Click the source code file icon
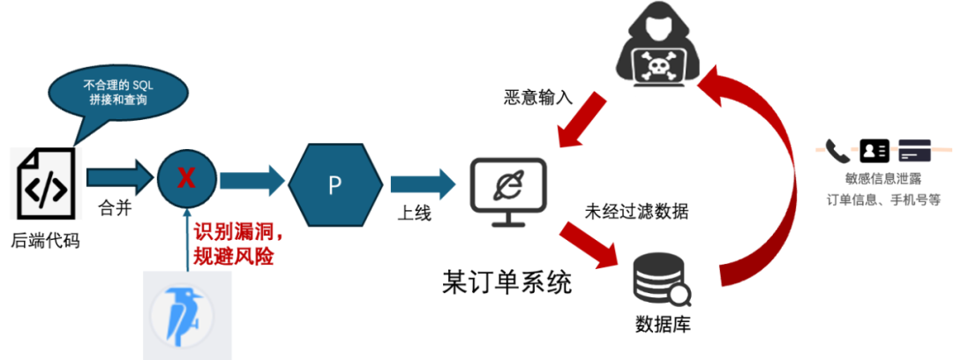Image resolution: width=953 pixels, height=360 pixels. pos(46,184)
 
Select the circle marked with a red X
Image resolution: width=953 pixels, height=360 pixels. pos(186,178)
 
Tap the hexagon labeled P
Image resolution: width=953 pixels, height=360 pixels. pos(334,184)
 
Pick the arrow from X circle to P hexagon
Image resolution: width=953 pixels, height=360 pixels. pos(251,181)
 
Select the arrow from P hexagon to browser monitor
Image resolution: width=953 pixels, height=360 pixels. pos(422,184)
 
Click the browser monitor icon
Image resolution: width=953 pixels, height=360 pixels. pos(511,188)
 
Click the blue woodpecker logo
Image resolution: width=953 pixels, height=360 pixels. pos(187,314)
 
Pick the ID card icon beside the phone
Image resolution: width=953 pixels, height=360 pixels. pos(874,151)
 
